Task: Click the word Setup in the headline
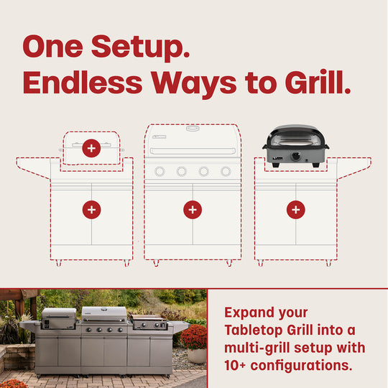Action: [140, 47]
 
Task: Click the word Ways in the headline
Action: [194, 84]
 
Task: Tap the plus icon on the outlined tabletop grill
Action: [91, 149]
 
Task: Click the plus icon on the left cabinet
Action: [91, 210]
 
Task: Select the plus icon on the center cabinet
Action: [193, 210]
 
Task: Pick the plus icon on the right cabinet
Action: [296, 210]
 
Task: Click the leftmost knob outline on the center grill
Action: [160, 171]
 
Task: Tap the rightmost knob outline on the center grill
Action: [226, 171]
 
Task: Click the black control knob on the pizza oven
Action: [296, 156]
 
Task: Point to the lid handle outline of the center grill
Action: [193, 151]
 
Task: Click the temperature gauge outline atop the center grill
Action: [192, 128]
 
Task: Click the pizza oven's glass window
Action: [296, 142]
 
